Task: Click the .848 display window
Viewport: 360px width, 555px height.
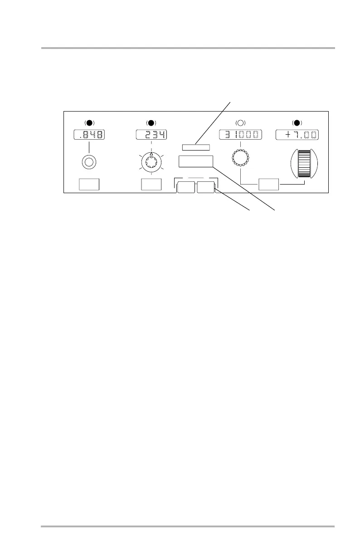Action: (89, 135)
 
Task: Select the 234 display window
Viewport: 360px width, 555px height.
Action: (151, 135)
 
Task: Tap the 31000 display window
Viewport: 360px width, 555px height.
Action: (241, 135)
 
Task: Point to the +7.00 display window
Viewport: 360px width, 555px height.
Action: (297, 135)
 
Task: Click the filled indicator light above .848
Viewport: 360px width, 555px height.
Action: (89, 123)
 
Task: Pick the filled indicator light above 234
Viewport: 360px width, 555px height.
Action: (151, 123)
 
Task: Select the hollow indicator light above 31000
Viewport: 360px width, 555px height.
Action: (241, 123)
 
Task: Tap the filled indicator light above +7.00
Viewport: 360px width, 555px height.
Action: (297, 123)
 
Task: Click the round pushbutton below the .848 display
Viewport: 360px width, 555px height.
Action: (89, 162)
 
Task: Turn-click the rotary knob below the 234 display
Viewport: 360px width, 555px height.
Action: (151, 162)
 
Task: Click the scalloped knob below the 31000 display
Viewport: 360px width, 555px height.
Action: (241, 158)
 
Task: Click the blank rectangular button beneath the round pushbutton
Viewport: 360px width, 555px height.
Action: (89, 185)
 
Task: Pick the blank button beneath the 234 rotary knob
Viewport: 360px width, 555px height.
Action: (151, 185)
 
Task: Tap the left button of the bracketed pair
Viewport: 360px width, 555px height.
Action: (186, 187)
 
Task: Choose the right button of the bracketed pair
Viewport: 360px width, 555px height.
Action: (206, 187)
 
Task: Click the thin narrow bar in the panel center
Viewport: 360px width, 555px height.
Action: (196, 147)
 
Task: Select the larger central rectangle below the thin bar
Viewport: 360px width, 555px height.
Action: (196, 161)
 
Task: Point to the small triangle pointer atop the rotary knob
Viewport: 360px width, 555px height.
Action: (151, 154)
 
